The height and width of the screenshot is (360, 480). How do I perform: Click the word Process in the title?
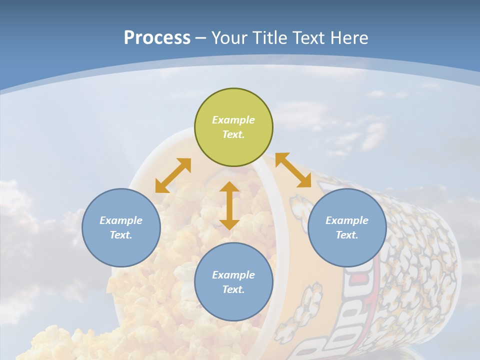pos(157,38)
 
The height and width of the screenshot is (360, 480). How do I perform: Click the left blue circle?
pos(121,227)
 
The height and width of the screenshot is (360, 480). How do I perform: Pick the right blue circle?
pos(347,227)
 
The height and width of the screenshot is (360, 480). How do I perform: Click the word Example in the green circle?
pos(233,120)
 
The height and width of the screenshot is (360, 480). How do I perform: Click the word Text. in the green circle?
pos(233,134)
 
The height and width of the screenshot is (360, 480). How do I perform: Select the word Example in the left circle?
pos(121,220)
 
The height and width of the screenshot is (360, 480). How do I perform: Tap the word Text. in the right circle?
pos(347,235)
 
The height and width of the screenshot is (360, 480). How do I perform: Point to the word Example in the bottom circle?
pos(233,275)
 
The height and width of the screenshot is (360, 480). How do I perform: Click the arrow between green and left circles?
pos(173,175)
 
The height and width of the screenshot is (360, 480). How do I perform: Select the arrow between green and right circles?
pos(293,170)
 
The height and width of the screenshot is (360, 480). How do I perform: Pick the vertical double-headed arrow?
pos(229,205)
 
